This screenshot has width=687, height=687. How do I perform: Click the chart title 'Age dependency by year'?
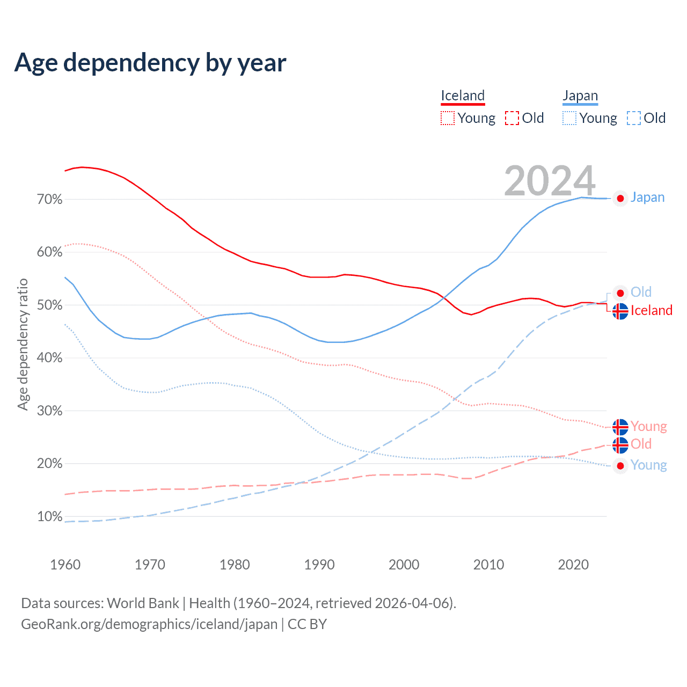coord(150,63)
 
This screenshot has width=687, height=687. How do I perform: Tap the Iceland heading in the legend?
coord(463,96)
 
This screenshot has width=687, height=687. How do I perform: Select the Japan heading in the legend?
coord(580,96)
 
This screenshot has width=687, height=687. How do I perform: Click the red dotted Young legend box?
coord(448,118)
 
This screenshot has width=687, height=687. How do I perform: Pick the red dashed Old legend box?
coord(512,118)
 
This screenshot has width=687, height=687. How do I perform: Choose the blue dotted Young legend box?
coord(569,118)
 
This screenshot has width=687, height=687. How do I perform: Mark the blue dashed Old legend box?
coord(634,118)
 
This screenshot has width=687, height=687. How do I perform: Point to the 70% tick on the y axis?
coord(50,200)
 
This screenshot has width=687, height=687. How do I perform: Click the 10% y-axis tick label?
coord(50,517)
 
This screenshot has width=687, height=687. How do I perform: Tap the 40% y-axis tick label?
coord(50,358)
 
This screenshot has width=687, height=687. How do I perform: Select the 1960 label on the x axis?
coord(65,565)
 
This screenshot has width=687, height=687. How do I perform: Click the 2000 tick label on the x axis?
coord(404,565)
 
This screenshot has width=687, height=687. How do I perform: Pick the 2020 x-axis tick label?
coord(573,565)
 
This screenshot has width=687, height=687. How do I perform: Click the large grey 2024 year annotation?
coord(550,181)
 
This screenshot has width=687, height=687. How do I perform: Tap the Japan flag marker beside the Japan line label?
coord(620,199)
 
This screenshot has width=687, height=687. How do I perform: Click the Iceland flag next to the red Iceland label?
coord(620,311)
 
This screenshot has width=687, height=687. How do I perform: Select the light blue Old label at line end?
coord(641,292)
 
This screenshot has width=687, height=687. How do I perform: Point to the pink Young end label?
coord(648,427)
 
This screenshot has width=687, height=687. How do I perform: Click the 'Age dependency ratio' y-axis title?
coord(23,344)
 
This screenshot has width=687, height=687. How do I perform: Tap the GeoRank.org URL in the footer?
coord(149,624)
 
